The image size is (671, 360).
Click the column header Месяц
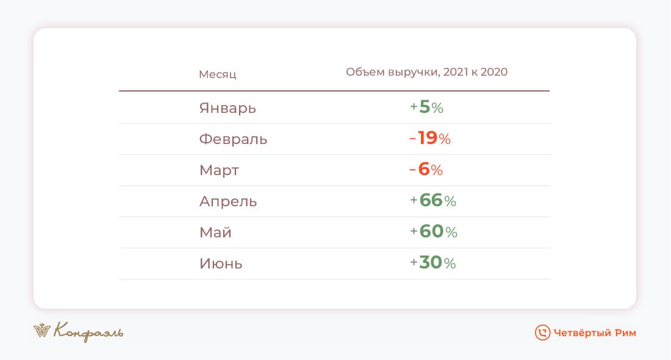[x=217, y=74]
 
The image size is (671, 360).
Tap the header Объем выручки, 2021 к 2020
[x=426, y=72]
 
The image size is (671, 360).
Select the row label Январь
[x=228, y=108]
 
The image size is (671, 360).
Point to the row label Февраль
[x=233, y=139]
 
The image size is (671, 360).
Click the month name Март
[x=219, y=170]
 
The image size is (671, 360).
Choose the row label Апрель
[x=228, y=201]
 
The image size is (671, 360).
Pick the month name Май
[x=215, y=232]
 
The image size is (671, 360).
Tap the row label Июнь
[x=221, y=264]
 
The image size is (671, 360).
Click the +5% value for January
[x=426, y=107]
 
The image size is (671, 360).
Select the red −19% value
[x=430, y=139]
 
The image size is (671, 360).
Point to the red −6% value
[x=426, y=170]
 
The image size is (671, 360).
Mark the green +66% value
[x=433, y=201]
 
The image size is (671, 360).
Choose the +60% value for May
[x=434, y=232]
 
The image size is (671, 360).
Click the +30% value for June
[x=433, y=263]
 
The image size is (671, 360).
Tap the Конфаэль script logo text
[x=88, y=332]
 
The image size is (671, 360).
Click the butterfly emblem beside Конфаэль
[x=42, y=330]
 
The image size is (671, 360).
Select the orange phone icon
[x=542, y=333]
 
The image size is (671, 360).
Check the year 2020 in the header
[x=494, y=72]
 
